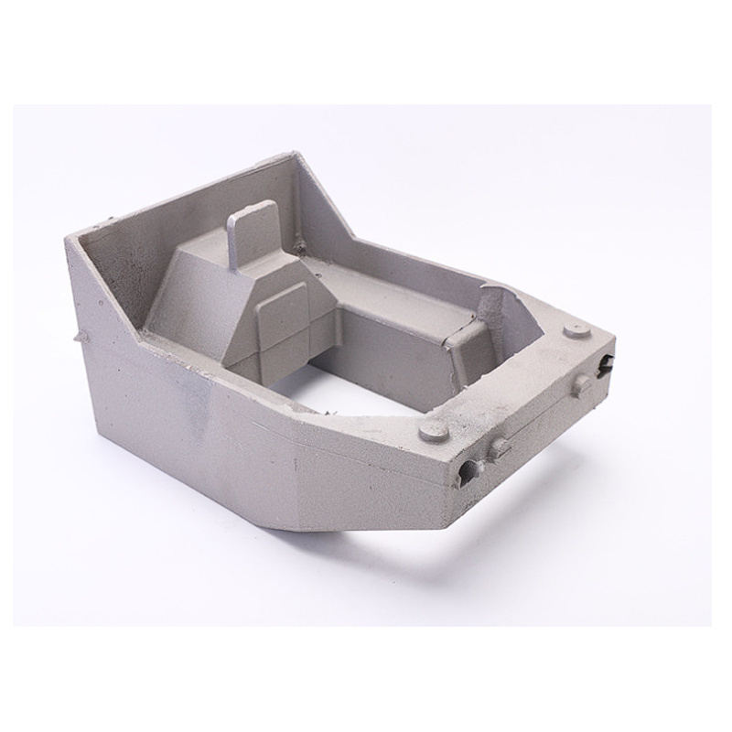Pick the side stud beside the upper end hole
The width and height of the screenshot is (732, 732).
[x=580, y=384]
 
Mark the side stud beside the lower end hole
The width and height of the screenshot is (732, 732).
[x=500, y=447]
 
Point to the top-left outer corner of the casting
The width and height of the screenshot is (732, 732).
[x=68, y=235]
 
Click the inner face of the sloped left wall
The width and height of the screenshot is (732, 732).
[x=119, y=274]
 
